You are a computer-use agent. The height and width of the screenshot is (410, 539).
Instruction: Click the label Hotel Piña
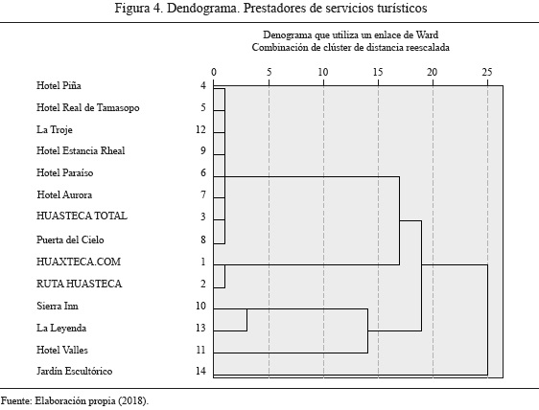point(59,85)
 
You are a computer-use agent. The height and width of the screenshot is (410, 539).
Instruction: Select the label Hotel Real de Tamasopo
point(88,108)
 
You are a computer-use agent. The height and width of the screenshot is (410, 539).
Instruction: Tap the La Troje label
point(55,129)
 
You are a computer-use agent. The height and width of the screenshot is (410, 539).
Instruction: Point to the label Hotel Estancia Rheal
point(81,150)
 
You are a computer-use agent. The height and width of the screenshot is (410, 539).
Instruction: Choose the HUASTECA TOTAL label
point(82,216)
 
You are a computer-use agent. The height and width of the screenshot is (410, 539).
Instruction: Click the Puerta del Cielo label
point(70,239)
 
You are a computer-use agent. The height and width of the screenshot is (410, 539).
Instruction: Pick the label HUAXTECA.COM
point(79,262)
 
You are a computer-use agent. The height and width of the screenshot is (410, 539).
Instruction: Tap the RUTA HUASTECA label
point(79,284)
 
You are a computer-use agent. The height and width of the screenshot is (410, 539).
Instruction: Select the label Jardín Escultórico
point(74,371)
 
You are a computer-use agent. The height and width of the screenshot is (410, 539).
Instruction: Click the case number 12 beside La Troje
point(200,129)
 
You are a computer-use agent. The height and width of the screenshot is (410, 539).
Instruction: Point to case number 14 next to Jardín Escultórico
point(200,371)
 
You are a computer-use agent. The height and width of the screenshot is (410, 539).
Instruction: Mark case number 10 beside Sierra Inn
point(200,306)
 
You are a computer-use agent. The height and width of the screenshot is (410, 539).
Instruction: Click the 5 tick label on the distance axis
point(269,72)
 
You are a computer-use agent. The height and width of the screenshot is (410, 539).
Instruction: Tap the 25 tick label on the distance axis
point(487,72)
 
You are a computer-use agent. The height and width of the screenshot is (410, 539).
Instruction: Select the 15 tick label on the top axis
point(378,72)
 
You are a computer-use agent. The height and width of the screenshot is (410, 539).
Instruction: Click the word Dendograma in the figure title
point(203,8)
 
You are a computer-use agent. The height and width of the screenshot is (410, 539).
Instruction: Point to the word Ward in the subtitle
point(427,34)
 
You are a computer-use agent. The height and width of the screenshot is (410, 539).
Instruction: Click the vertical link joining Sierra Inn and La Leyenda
point(246,320)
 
